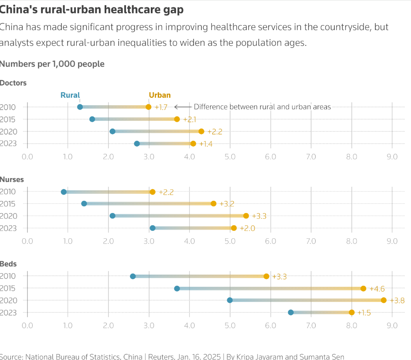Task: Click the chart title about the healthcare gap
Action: (92, 9)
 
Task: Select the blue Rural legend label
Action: (70, 95)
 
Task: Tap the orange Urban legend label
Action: (160, 95)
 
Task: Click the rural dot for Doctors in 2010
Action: (80, 107)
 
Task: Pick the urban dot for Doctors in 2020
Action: (201, 131)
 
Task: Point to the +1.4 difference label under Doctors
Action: (206, 144)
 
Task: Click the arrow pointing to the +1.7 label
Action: (183, 107)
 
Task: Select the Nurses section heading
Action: (12, 179)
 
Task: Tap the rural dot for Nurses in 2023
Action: (153, 228)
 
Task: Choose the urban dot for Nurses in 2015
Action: (214, 203)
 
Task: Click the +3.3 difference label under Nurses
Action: (259, 216)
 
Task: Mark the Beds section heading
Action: (8, 264)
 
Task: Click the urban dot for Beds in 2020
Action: (384, 300)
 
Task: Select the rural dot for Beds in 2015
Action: (177, 288)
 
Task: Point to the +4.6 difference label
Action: (377, 289)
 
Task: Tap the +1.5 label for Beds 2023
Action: (365, 313)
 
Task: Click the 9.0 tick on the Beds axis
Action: (392, 326)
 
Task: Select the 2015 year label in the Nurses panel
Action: (7, 204)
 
